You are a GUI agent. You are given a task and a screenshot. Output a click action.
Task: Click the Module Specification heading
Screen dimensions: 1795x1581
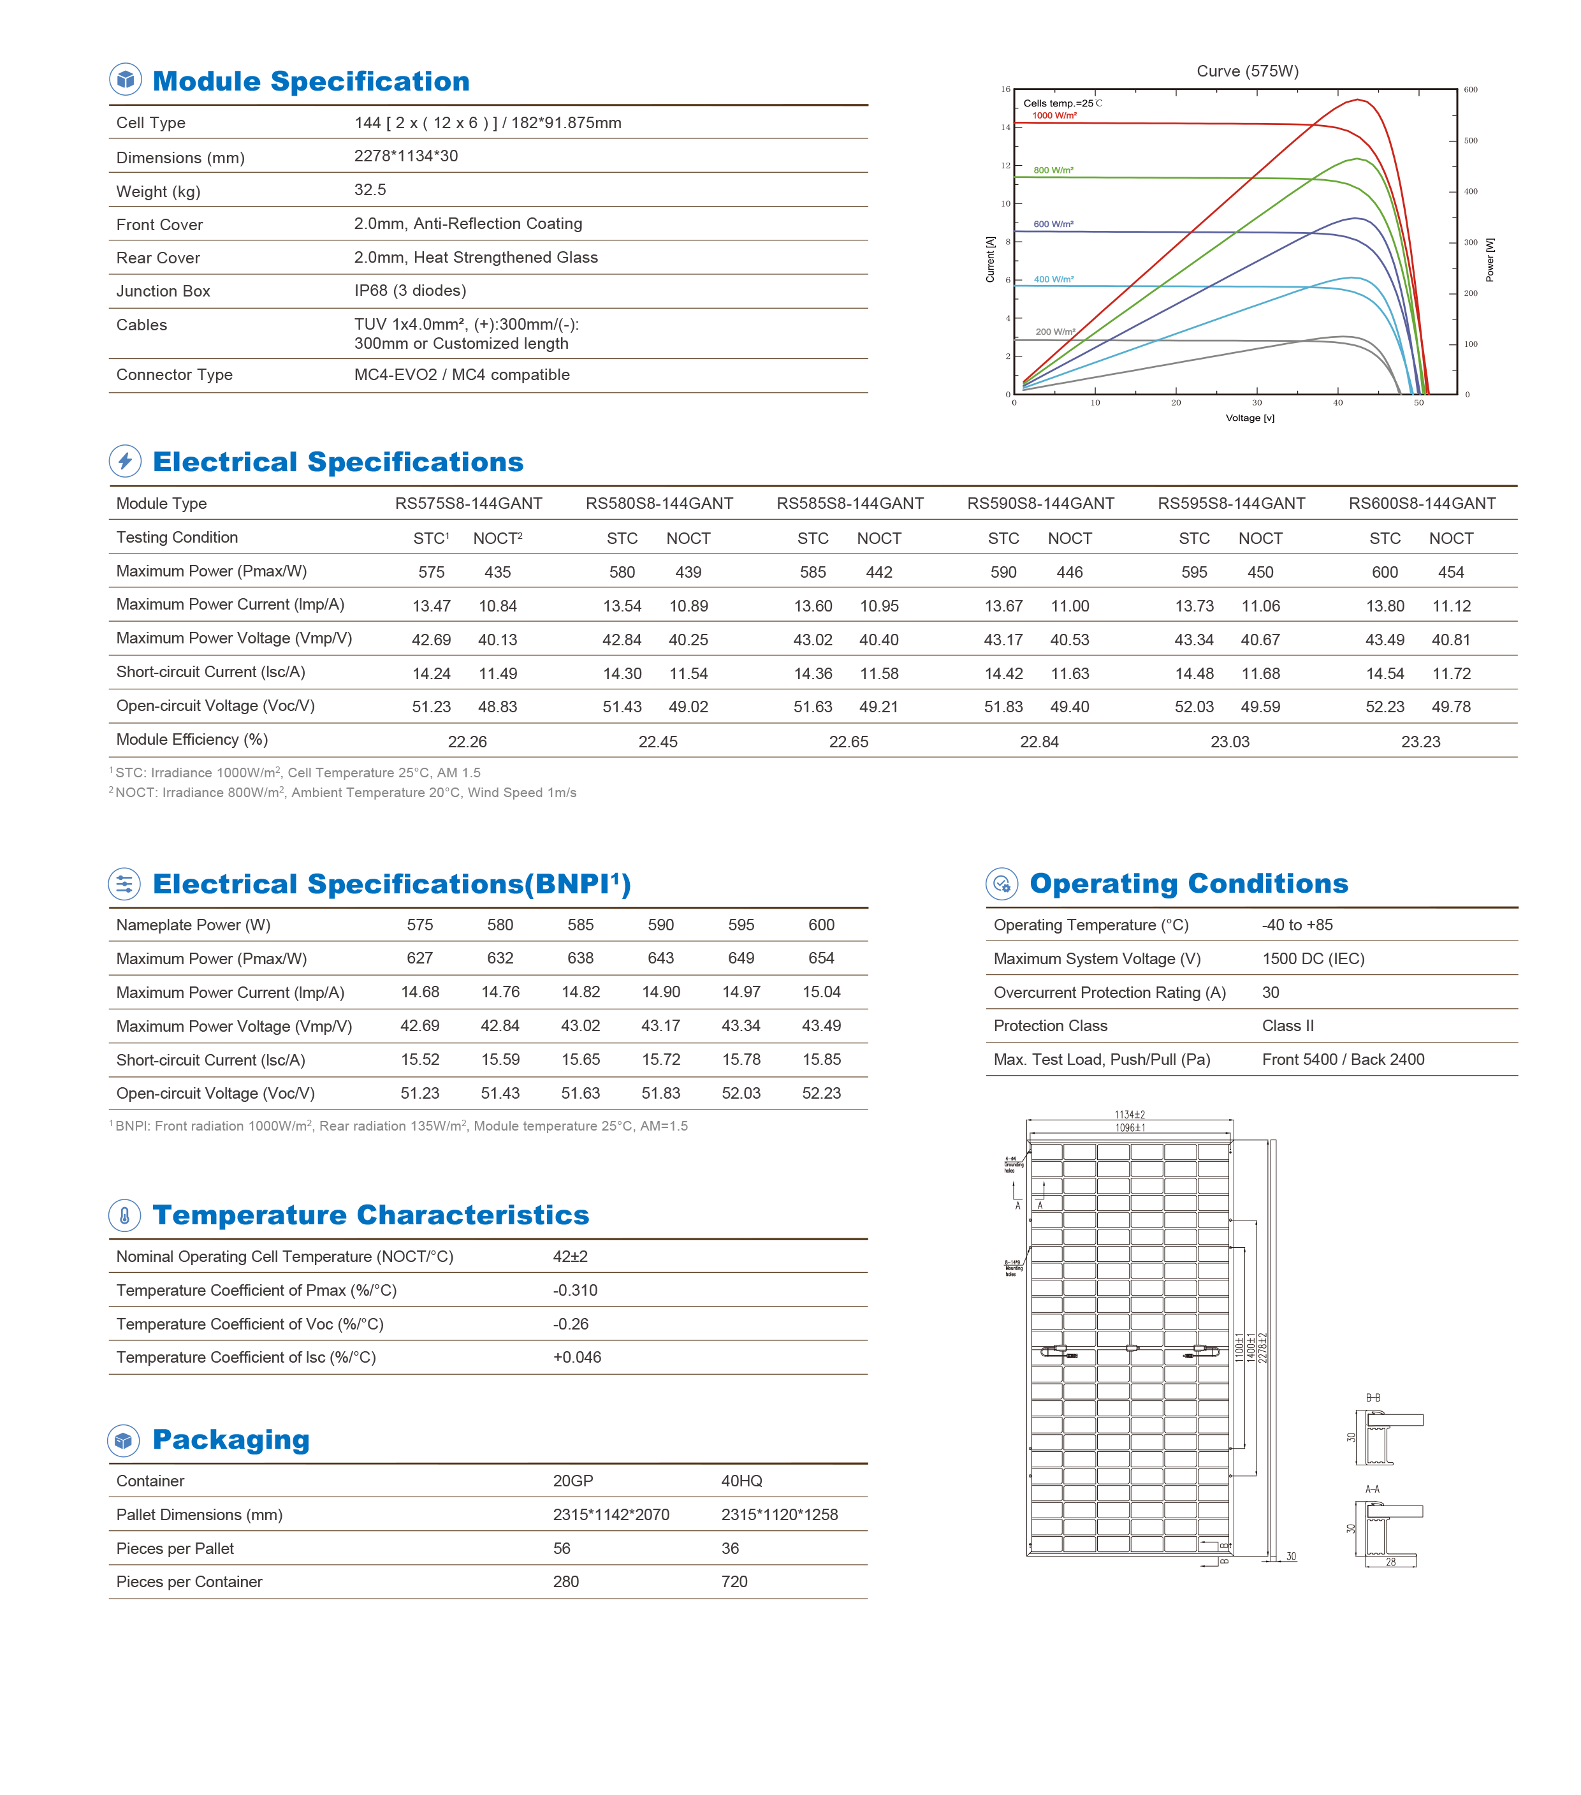(x=310, y=81)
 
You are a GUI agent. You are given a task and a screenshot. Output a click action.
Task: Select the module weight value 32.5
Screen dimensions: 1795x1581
(x=370, y=189)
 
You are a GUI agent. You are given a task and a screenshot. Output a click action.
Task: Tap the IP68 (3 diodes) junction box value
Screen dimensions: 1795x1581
(x=410, y=291)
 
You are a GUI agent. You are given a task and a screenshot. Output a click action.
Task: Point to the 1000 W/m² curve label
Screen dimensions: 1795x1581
(x=1054, y=115)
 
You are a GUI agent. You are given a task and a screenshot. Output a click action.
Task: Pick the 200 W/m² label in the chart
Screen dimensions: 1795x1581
(x=1054, y=332)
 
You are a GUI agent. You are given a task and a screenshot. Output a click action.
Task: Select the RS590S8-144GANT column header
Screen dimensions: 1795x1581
(x=1040, y=503)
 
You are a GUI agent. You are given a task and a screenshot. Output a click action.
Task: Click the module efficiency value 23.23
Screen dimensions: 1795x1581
(x=1420, y=742)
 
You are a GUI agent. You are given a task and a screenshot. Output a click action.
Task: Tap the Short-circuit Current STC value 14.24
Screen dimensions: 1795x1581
(x=431, y=673)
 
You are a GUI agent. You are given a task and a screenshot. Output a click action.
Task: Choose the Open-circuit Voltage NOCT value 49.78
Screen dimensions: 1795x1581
(x=1450, y=707)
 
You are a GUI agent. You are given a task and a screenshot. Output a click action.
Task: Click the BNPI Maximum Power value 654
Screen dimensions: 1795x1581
(x=821, y=958)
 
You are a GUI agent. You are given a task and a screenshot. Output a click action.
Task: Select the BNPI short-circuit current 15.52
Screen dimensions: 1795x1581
(x=419, y=1059)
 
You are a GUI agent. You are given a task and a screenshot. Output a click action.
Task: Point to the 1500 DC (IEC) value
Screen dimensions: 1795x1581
(x=1313, y=958)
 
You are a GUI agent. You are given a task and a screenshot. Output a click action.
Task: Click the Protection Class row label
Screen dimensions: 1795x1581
(x=1050, y=1026)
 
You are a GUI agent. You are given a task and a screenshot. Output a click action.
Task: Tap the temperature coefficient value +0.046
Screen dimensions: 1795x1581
(x=577, y=1357)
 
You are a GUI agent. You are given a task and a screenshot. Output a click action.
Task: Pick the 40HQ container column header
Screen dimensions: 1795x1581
(x=741, y=1481)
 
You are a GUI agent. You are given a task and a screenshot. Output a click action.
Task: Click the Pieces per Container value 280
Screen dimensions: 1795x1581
(x=565, y=1581)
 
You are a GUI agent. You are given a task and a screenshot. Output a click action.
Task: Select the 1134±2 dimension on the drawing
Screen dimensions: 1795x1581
(x=1129, y=1115)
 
